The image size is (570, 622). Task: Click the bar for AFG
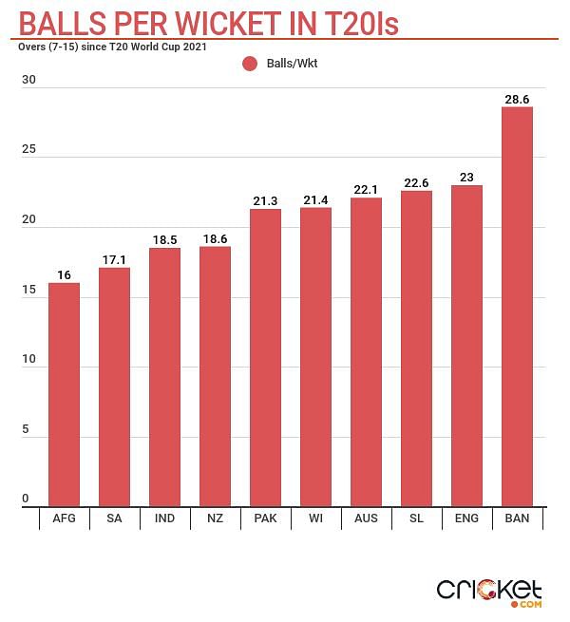pyautogui.click(x=64, y=394)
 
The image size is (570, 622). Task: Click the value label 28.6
pyautogui.click(x=517, y=99)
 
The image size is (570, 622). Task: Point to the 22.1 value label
pyautogui.click(x=366, y=190)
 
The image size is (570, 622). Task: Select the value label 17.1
pyautogui.click(x=114, y=259)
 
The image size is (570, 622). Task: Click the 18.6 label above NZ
pyautogui.click(x=215, y=238)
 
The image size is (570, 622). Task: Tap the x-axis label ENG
pyautogui.click(x=466, y=519)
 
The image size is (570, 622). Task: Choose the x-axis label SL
pyautogui.click(x=416, y=519)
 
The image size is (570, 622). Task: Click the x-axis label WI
pyautogui.click(x=315, y=519)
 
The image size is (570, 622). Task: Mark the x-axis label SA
pyautogui.click(x=114, y=519)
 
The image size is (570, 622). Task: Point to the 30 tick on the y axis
pyautogui.click(x=28, y=81)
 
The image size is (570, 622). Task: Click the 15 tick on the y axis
pyautogui.click(x=28, y=290)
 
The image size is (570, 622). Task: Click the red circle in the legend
pyautogui.click(x=250, y=64)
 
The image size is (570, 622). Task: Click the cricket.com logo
pyautogui.click(x=488, y=591)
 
